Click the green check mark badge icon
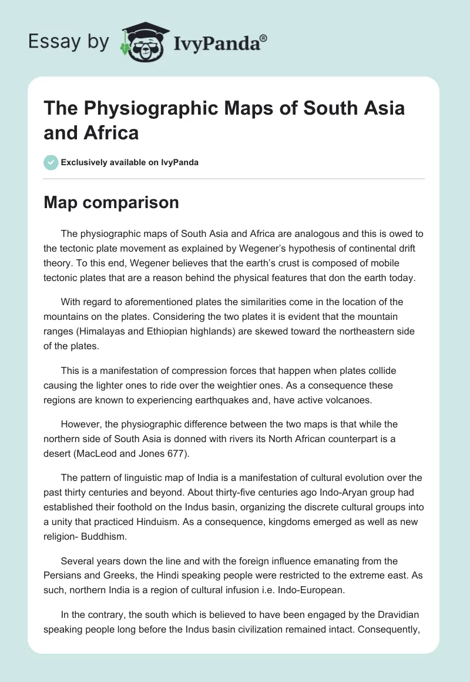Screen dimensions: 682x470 point(51,162)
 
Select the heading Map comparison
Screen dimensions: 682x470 point(111,203)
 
